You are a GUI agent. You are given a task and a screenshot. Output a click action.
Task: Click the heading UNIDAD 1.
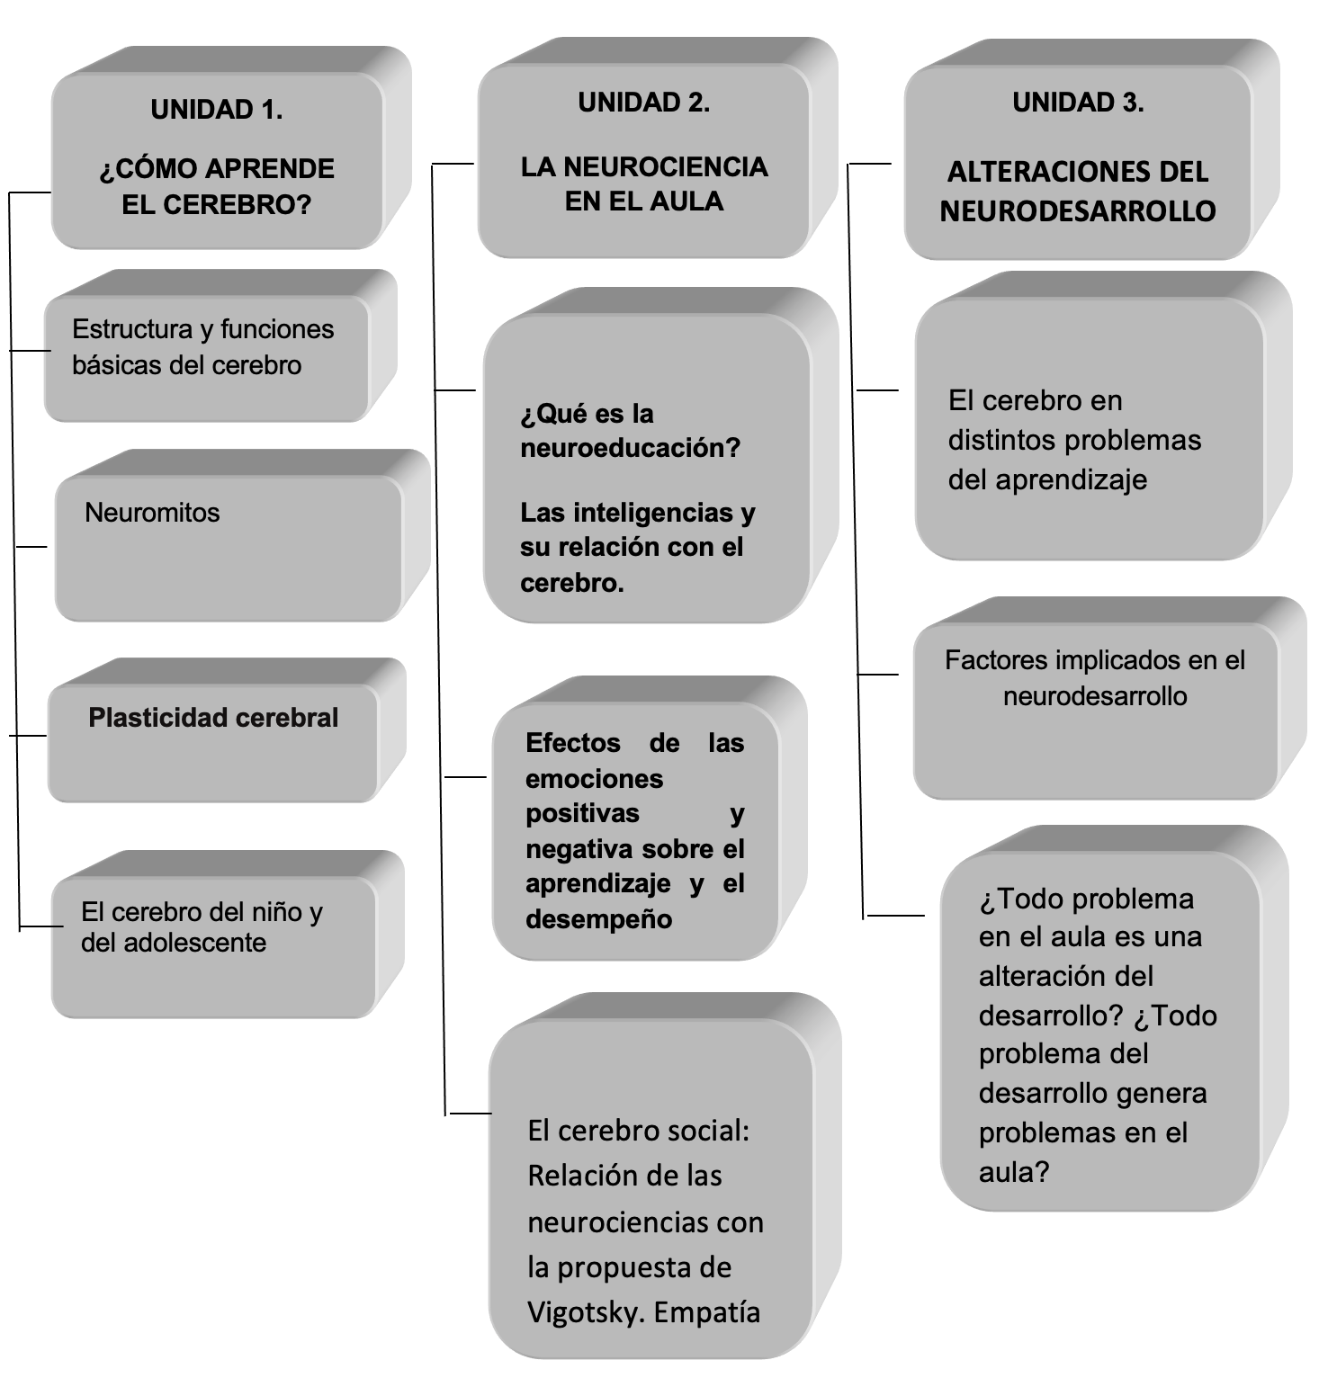tap(217, 110)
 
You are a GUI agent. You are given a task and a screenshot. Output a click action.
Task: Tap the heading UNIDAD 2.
tap(643, 103)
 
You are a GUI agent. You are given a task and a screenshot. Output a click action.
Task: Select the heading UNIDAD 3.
tap(1078, 103)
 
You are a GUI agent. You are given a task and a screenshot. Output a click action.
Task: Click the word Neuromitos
tap(152, 513)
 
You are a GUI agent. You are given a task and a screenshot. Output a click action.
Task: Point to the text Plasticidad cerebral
tap(213, 718)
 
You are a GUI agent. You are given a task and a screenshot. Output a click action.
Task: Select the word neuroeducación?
tap(630, 448)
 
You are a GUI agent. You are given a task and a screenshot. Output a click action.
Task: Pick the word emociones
tap(594, 779)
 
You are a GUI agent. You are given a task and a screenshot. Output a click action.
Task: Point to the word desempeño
tap(598, 919)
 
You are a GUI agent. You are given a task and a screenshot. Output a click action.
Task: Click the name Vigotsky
tap(587, 1312)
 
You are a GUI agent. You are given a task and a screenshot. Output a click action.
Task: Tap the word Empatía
tap(707, 1312)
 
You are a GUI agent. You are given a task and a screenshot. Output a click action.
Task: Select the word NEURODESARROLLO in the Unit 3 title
tap(1078, 210)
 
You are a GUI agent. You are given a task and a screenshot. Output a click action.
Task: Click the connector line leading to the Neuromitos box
tap(31, 546)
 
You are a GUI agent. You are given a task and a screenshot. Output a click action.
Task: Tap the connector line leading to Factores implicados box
tap(878, 674)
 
